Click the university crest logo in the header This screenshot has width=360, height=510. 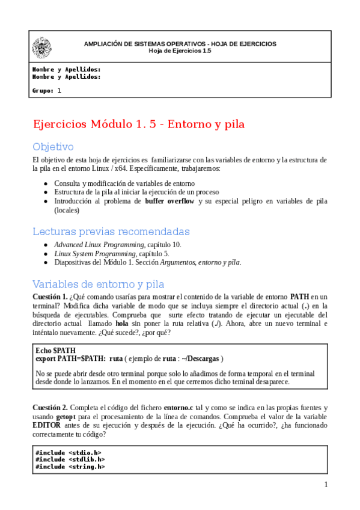tap(41, 47)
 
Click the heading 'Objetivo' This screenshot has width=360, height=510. tap(53, 146)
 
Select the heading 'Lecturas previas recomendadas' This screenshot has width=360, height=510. tap(111, 232)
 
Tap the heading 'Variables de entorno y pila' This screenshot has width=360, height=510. tap(98, 284)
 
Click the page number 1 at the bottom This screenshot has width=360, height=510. tap(326, 485)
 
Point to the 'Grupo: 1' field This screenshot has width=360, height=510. tap(47, 91)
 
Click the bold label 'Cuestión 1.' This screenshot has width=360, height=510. tap(50, 297)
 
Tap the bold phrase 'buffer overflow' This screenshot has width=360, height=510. tap(169, 201)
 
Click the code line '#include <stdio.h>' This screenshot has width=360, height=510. tap(68, 452)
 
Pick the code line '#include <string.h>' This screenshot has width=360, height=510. tap(70, 466)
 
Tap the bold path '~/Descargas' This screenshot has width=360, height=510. tap(200, 358)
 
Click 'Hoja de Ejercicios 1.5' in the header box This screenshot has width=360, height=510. tap(180, 51)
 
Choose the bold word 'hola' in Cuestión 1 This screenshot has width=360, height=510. tap(122, 324)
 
